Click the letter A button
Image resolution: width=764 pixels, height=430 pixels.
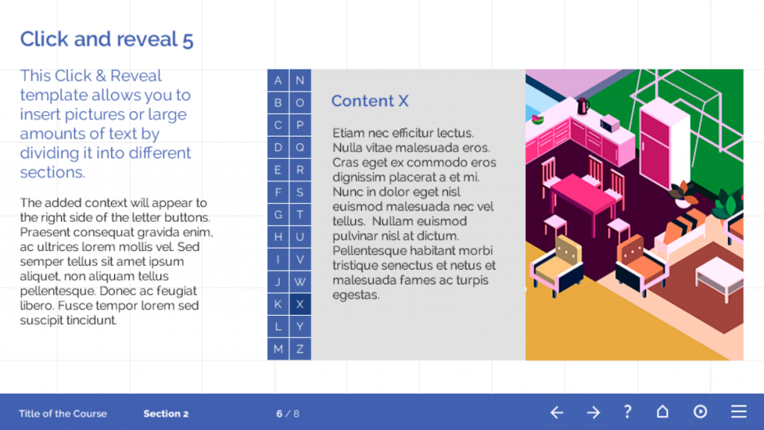click(278, 81)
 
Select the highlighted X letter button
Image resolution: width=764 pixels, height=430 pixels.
click(300, 305)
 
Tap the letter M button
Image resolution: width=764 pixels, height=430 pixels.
click(278, 349)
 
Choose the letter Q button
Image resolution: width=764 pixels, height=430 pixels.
click(300, 147)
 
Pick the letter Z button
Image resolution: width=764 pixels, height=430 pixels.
click(300, 349)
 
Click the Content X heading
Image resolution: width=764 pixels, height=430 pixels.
click(370, 101)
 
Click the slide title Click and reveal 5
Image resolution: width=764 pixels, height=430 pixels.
click(107, 40)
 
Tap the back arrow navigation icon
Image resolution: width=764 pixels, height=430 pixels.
click(557, 412)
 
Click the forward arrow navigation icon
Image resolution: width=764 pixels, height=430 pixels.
click(593, 412)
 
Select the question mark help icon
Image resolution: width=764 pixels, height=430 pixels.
click(627, 412)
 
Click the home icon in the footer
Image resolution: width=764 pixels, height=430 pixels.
click(663, 411)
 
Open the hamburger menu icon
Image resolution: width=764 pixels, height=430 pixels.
click(739, 411)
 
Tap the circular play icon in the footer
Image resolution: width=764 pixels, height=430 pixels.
click(700, 411)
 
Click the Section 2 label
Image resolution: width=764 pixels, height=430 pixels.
click(166, 414)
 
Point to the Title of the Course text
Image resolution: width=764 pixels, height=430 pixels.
click(63, 414)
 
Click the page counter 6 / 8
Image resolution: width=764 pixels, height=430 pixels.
click(287, 414)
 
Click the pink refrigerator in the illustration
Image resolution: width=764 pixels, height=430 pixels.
click(663, 145)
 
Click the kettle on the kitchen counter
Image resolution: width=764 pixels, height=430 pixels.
click(583, 106)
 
